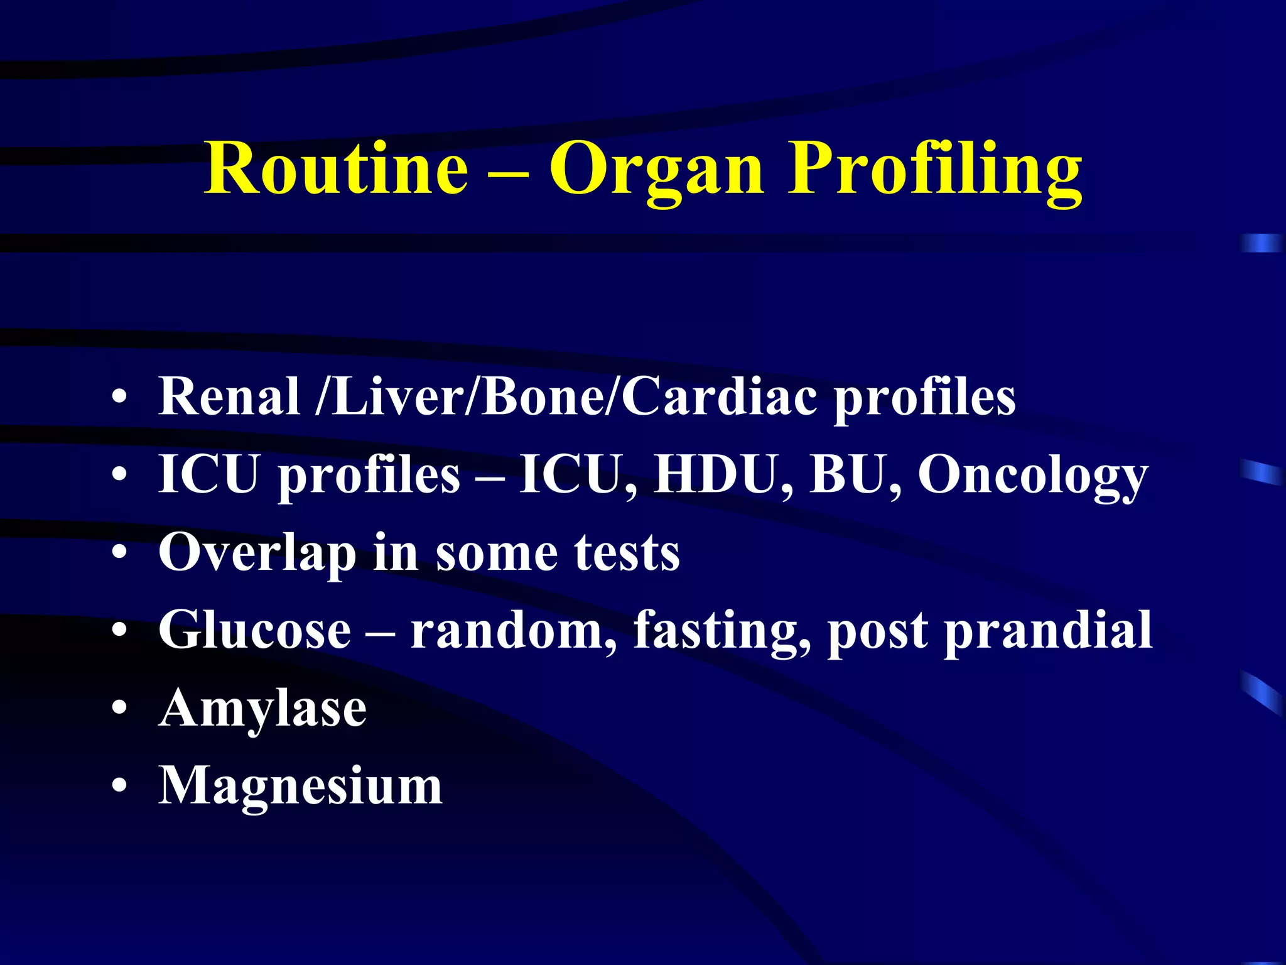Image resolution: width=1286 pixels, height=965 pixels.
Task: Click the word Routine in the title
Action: pos(337,168)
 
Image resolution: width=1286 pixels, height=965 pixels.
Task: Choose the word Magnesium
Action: pos(300,787)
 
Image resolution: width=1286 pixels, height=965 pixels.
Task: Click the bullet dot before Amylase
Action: pos(119,709)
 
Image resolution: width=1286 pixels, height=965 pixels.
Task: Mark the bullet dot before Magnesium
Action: pos(119,787)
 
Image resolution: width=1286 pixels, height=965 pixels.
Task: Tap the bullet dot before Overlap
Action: pos(119,553)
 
